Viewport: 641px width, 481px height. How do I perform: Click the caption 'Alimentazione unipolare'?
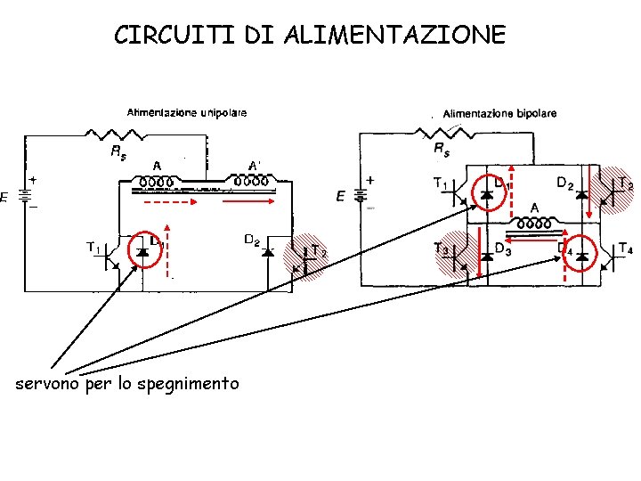(187, 112)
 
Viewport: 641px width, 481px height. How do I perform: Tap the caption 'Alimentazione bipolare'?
(499, 113)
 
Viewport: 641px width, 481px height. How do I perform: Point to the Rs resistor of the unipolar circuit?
(118, 135)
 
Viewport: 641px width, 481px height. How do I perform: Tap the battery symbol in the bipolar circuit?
(362, 195)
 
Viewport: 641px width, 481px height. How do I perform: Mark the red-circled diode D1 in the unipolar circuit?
(143, 252)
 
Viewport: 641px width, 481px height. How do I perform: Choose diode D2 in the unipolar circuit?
(267, 252)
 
